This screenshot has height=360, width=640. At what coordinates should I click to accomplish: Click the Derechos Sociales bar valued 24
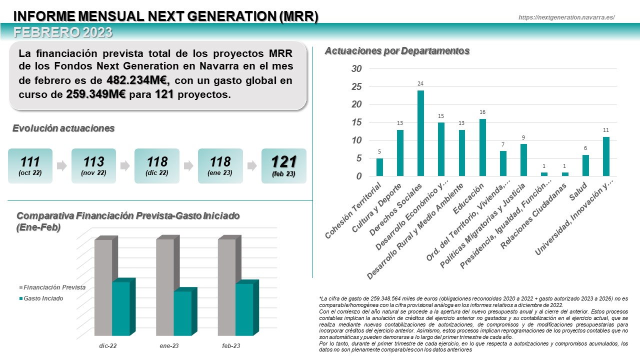tap(420, 133)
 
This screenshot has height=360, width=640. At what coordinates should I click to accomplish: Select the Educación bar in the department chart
tap(482, 147)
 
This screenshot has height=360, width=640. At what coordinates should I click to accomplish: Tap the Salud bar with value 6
tap(585, 165)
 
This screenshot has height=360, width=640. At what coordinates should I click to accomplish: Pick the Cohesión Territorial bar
tap(379, 167)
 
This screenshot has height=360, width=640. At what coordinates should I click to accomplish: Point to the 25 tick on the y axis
tap(355, 86)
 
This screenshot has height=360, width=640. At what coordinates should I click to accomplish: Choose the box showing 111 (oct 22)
tap(30, 165)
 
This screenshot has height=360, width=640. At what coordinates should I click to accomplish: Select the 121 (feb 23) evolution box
tap(283, 165)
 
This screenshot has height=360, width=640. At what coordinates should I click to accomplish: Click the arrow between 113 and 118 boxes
tap(125, 166)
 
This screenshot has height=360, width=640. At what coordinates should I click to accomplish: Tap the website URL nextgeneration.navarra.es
tap(566, 17)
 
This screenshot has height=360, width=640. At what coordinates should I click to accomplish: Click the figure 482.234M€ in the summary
tap(138, 80)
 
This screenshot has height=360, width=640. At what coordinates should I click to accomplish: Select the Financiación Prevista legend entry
tap(52, 287)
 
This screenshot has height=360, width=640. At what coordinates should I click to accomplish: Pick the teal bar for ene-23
tap(182, 313)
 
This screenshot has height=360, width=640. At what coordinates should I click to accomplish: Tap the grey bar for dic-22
tap(103, 287)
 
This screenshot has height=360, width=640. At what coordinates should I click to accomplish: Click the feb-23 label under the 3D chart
tap(231, 345)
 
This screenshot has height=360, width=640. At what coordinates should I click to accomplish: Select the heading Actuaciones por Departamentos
tap(397, 51)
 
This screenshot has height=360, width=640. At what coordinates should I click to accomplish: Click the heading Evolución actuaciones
tap(63, 128)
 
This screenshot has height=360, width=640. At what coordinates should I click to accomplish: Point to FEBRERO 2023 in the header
tap(63, 32)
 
